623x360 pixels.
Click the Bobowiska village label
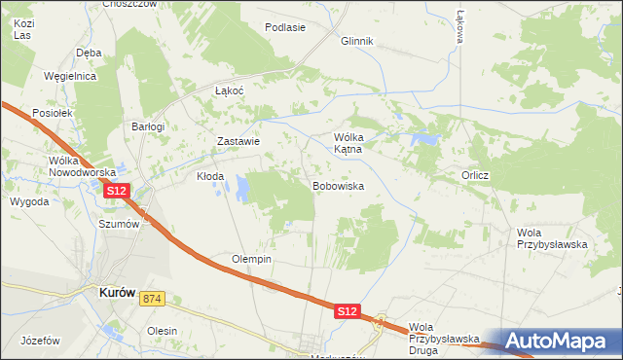338,185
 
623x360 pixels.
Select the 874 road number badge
150,298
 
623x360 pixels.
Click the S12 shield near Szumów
117,191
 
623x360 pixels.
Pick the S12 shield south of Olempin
348,311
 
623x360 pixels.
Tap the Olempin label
251,260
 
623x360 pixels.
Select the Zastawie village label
238,141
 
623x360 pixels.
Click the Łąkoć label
229,90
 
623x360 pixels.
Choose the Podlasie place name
284,27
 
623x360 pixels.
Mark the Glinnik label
357,42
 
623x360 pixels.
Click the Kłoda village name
210,177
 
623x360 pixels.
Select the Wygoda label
29,201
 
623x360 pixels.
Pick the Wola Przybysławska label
552,238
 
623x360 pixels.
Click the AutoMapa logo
559,342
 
